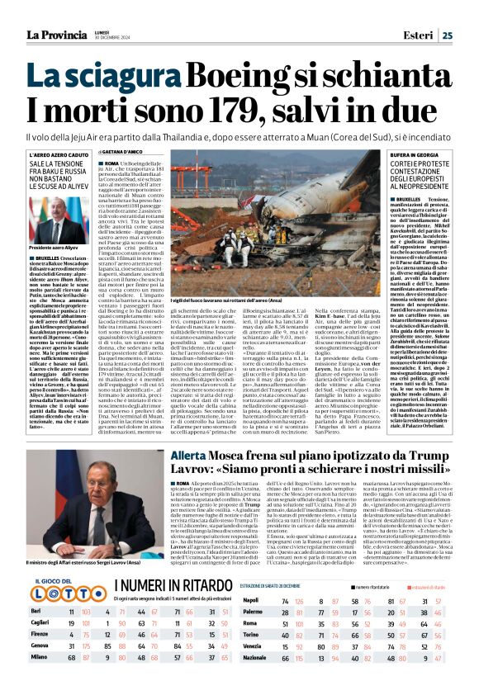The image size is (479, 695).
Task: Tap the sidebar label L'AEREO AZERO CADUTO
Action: [59, 154]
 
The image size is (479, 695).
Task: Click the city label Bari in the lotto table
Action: [36, 610]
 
